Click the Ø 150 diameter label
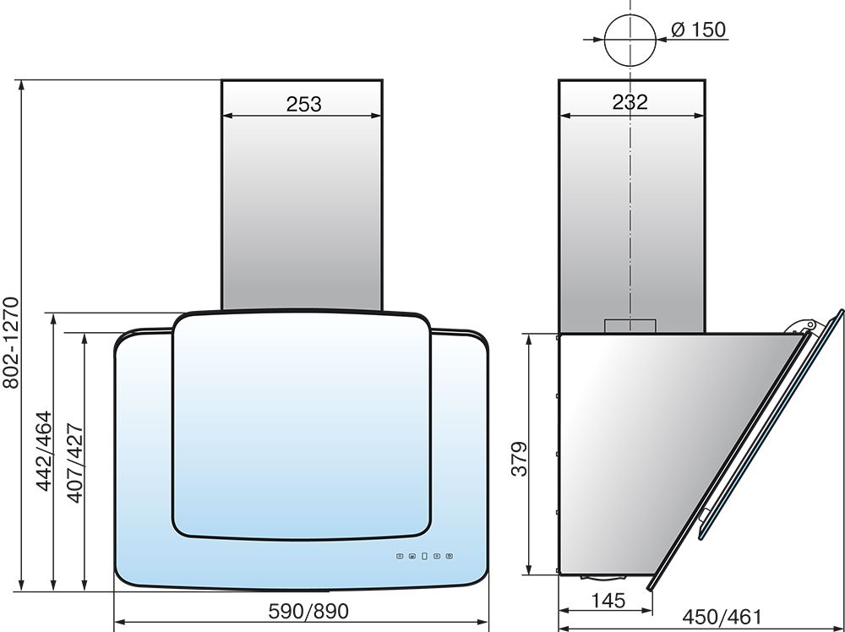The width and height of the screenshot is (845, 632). pos(699,30)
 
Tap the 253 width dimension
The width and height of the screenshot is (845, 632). pos(303,104)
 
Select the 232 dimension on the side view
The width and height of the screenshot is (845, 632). pos(630,102)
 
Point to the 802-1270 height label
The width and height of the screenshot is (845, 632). pos(11,343)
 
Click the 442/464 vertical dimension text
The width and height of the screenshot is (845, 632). pos(44,451)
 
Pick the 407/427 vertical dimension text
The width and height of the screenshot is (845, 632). pos(75,463)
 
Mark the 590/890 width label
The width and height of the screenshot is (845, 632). pos(308,611)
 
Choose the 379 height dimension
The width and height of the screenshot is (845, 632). pos(520,459)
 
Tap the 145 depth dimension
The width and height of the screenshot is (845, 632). pos(608,600)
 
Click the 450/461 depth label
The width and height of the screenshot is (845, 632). pos(722,618)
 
